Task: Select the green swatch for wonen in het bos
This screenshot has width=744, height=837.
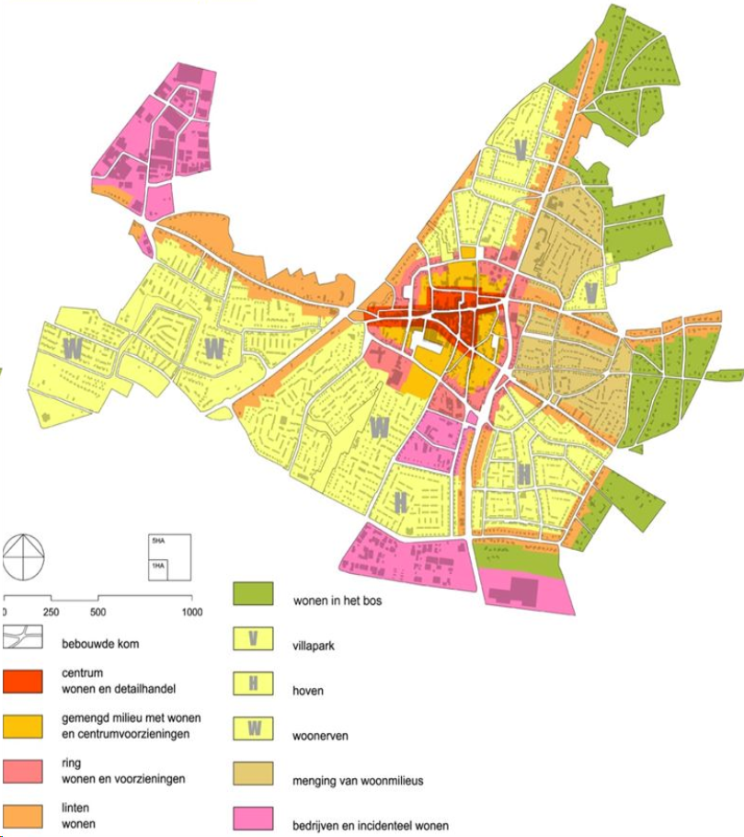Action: pyautogui.click(x=252, y=593)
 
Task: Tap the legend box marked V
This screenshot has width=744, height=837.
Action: pyautogui.click(x=252, y=637)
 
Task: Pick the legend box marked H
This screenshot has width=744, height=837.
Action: pyautogui.click(x=252, y=682)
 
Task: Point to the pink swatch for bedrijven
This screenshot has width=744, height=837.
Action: pyautogui.click(x=252, y=819)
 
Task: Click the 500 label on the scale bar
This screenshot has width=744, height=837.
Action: pyautogui.click(x=97, y=612)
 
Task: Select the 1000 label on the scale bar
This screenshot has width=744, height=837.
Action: pyautogui.click(x=192, y=612)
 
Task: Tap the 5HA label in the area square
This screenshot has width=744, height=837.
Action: pyautogui.click(x=157, y=540)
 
